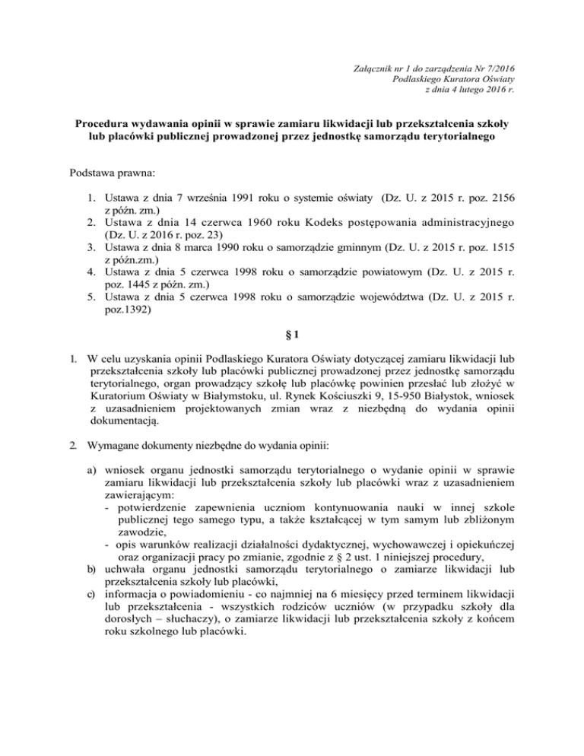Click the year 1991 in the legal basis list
coord(238,196)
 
